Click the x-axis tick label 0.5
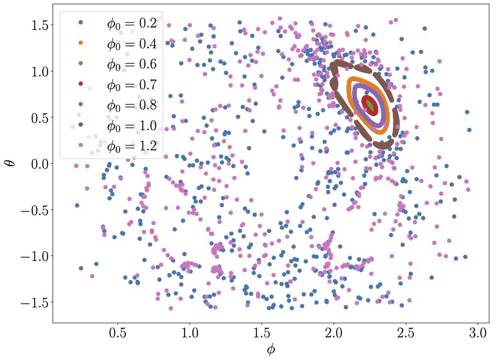118,334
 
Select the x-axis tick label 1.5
261,334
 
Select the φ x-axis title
271,350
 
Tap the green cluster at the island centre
371,105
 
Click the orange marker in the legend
81,44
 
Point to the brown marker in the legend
81,125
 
